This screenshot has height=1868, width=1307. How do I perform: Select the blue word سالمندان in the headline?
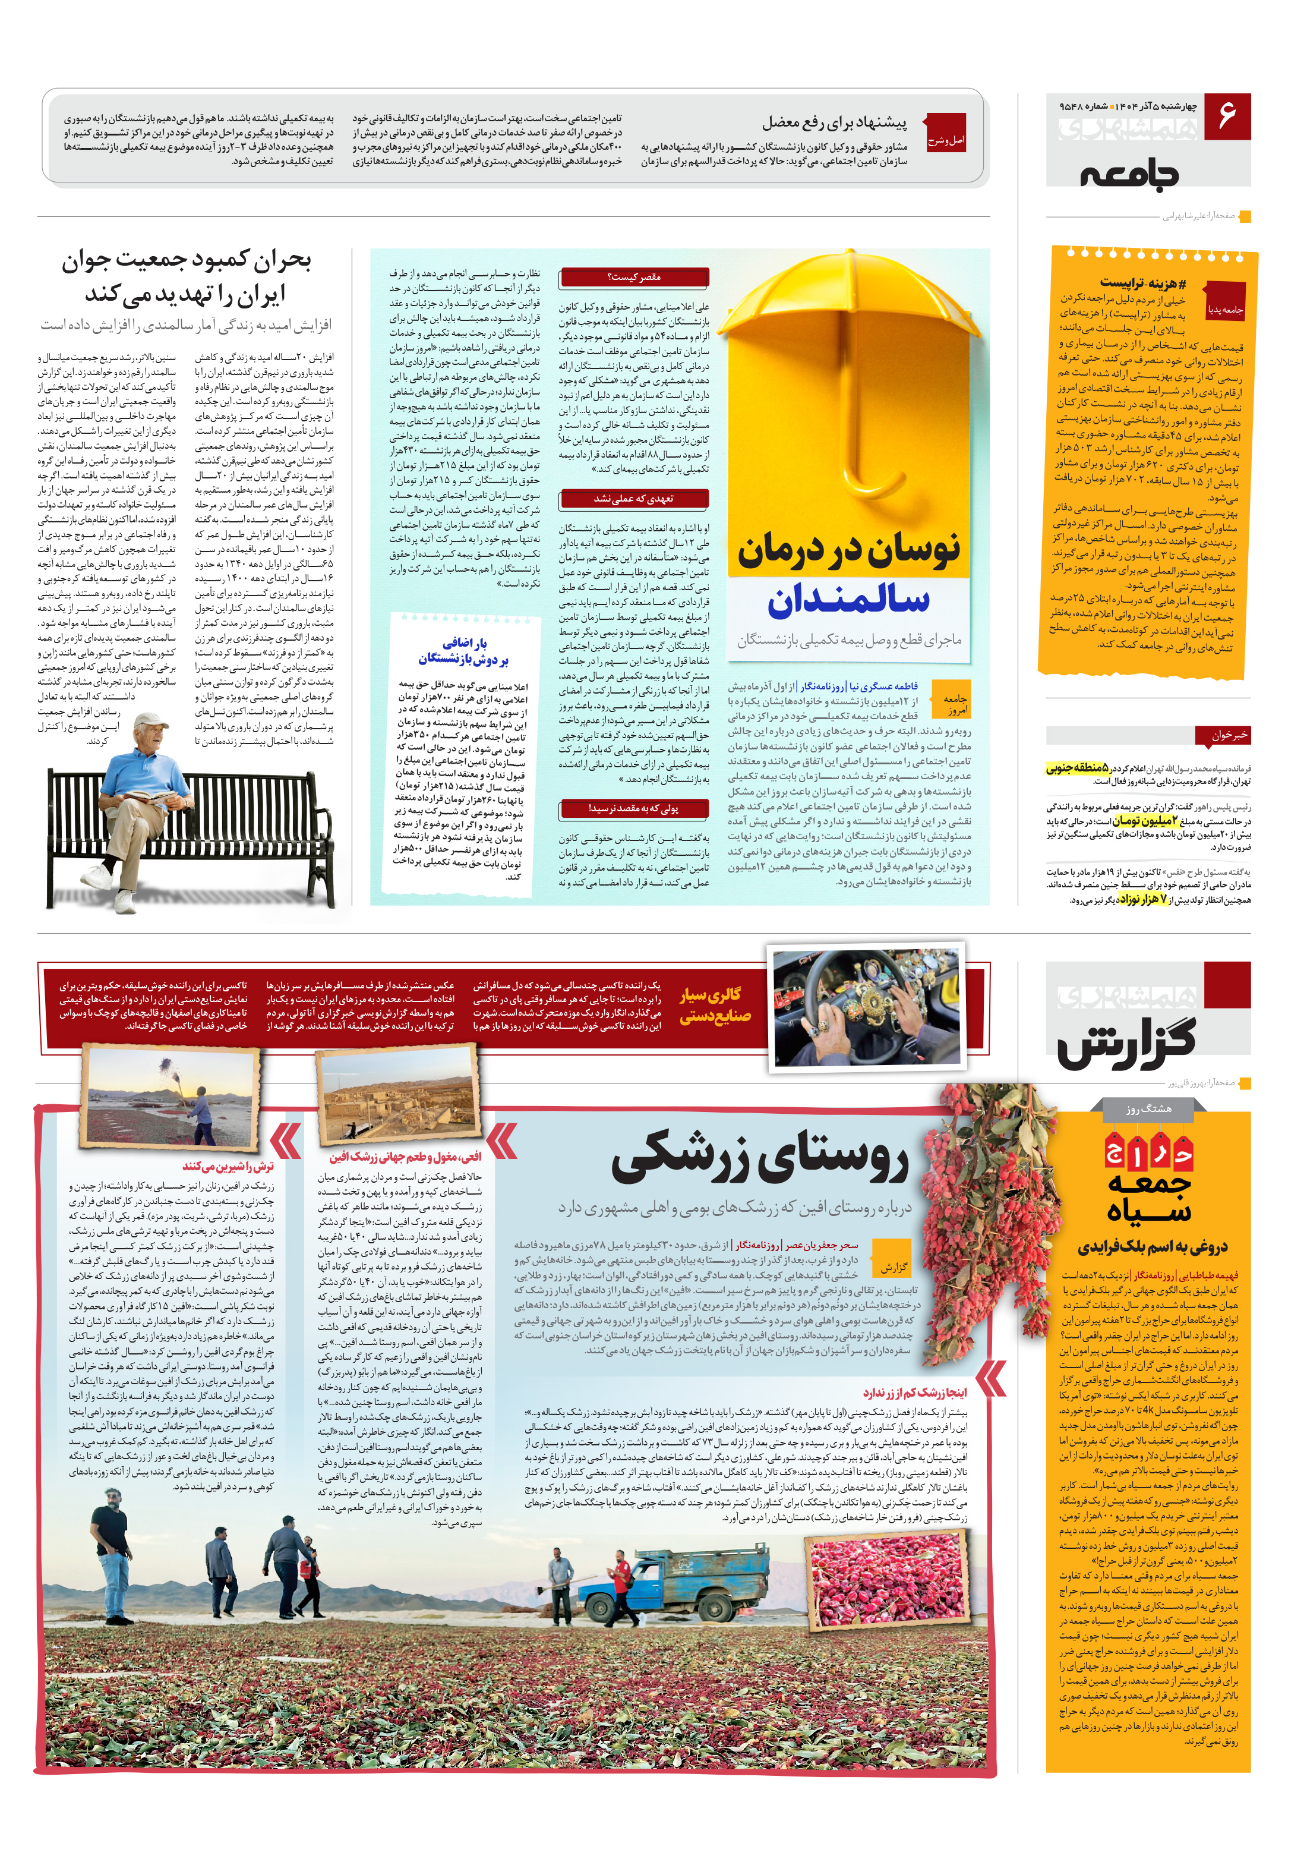tap(848, 599)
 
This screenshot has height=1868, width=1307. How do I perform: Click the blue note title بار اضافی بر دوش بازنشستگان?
tap(463, 650)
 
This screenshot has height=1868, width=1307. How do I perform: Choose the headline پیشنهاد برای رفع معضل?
tap(834, 123)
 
